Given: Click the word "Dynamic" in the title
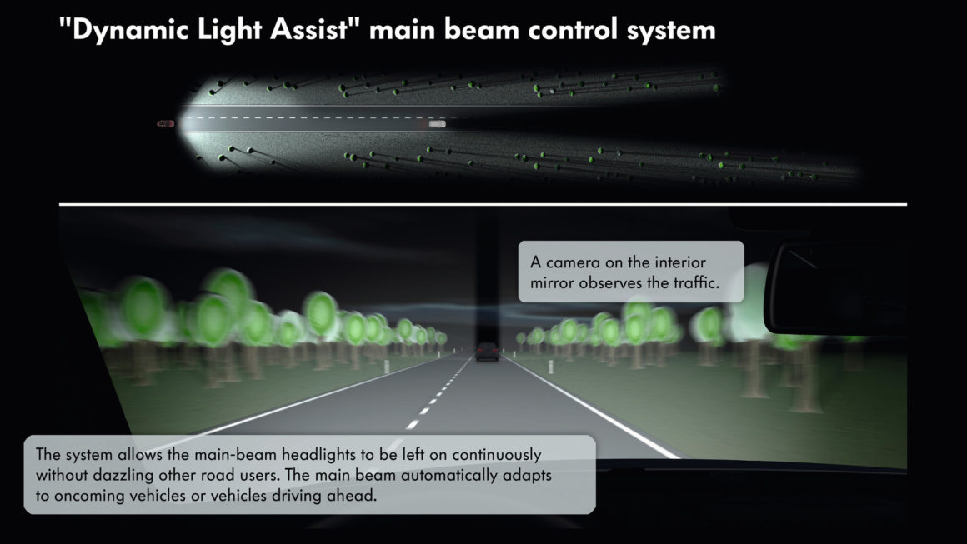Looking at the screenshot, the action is click(x=130, y=30).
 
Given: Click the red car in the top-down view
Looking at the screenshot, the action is click(x=165, y=124).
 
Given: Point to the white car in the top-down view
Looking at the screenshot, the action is click(x=437, y=124).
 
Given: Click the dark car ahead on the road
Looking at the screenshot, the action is click(x=487, y=352).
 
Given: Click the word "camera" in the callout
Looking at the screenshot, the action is click(x=573, y=262).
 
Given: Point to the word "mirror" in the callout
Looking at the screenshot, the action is click(x=552, y=283).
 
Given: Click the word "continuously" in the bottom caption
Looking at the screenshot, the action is click(x=497, y=455).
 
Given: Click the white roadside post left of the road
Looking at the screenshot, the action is click(x=387, y=367).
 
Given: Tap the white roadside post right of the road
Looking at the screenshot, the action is click(x=551, y=367).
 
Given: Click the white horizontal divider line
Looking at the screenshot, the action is click(x=483, y=204).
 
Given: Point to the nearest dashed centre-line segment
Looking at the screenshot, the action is click(x=413, y=425).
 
